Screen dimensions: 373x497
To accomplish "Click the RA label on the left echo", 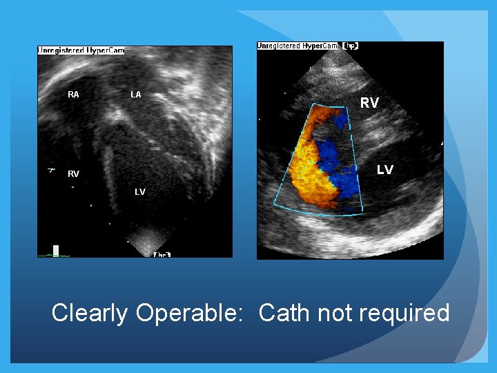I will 73,95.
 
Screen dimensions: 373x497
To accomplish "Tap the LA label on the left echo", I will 135,95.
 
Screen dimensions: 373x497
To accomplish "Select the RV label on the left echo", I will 73,174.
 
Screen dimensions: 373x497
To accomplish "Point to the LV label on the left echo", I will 140,192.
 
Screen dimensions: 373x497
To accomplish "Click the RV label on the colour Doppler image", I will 369,103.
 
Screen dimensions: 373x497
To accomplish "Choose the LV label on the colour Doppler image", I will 385,170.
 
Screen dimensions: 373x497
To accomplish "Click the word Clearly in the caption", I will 90,313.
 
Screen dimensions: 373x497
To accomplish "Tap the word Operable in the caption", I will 188,313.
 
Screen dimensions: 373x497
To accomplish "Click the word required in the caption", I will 406,313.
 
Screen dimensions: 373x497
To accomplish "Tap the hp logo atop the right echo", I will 349,46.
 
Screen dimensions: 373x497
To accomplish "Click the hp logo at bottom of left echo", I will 162,254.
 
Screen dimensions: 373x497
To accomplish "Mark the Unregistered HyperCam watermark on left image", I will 81,50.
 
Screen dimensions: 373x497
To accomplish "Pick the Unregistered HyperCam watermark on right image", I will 298,46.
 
